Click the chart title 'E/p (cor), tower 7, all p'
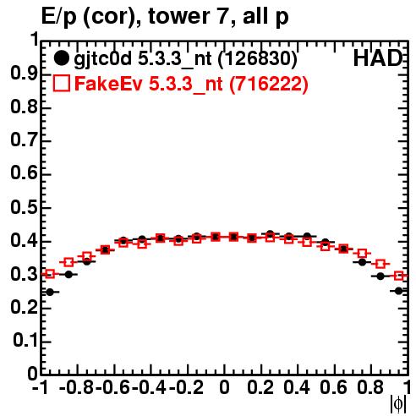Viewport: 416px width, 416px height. point(165,16)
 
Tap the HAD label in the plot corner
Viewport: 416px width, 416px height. point(378,58)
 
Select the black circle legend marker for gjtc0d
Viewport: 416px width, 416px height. point(61,58)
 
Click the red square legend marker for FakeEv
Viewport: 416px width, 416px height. point(61,83)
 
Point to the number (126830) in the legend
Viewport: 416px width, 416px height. point(258,58)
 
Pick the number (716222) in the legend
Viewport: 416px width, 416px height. point(269,84)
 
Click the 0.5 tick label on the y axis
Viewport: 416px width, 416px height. point(24,208)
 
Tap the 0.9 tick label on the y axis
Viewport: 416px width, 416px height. point(24,74)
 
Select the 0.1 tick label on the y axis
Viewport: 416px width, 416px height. point(25,341)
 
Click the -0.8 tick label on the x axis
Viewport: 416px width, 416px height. point(77,387)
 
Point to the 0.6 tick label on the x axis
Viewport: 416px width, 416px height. point(333,387)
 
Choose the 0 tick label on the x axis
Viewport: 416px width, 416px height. point(224,387)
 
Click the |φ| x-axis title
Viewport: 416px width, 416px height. point(398,404)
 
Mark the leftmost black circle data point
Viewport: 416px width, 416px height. point(50,292)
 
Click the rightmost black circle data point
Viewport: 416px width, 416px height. point(398,291)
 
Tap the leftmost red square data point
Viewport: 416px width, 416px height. point(50,274)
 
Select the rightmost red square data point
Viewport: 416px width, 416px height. point(399,276)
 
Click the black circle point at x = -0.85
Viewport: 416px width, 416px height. point(68,274)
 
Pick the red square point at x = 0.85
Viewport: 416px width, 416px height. point(380,264)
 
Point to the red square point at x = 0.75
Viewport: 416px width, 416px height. point(362,253)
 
